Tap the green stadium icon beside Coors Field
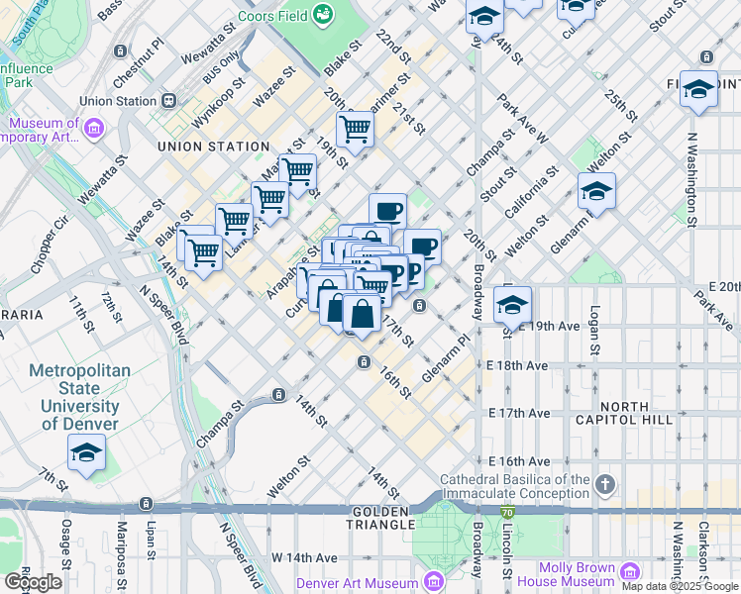click(x=322, y=14)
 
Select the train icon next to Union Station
click(x=169, y=100)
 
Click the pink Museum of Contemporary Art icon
click(x=94, y=128)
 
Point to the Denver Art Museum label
click(x=359, y=582)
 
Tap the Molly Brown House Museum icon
click(x=630, y=572)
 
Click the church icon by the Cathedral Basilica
click(x=606, y=485)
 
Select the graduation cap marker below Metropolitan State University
click(x=87, y=453)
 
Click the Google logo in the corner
click(x=33, y=582)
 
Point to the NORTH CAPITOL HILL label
click(x=652, y=414)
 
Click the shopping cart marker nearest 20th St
click(x=355, y=128)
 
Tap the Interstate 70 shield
click(x=507, y=512)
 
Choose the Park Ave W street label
click(x=524, y=118)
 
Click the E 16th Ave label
click(x=518, y=461)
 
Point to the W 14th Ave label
click(x=299, y=557)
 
